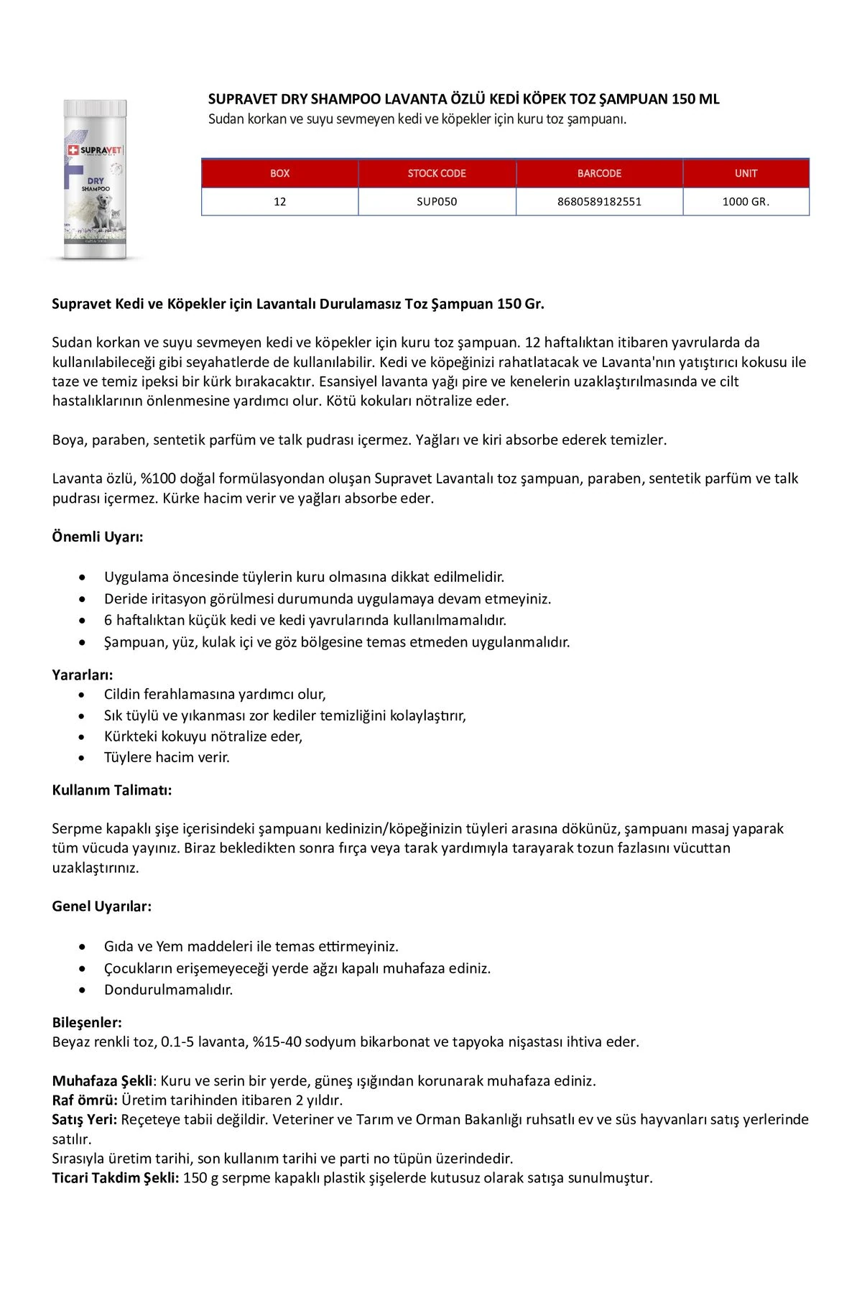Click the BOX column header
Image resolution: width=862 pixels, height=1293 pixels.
(x=279, y=173)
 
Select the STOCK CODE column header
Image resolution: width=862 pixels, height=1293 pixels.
(x=437, y=173)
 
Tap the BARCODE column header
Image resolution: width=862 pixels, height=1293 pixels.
(x=599, y=173)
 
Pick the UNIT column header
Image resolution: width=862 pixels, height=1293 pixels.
(x=746, y=173)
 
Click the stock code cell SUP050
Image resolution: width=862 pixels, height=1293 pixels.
(x=437, y=202)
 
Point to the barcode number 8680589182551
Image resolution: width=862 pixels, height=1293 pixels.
(x=599, y=202)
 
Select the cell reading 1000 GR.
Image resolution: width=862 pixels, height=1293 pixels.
(x=746, y=202)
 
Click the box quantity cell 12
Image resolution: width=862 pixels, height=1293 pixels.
(x=279, y=202)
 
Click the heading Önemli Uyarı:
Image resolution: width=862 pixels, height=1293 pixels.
(x=98, y=537)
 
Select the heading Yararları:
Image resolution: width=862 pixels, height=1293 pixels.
(x=83, y=675)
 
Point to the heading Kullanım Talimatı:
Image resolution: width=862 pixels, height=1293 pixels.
(x=112, y=790)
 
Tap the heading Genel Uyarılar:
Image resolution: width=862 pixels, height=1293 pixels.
(x=102, y=907)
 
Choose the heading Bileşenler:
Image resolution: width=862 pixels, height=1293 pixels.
(x=87, y=1022)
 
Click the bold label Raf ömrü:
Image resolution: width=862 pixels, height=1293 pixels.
(x=85, y=1100)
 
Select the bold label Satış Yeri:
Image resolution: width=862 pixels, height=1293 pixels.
(x=85, y=1119)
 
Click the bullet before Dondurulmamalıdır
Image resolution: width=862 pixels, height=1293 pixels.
(x=85, y=990)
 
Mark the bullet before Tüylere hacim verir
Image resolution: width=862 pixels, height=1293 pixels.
(x=85, y=757)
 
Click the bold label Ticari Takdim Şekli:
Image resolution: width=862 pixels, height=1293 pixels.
(x=116, y=1178)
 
